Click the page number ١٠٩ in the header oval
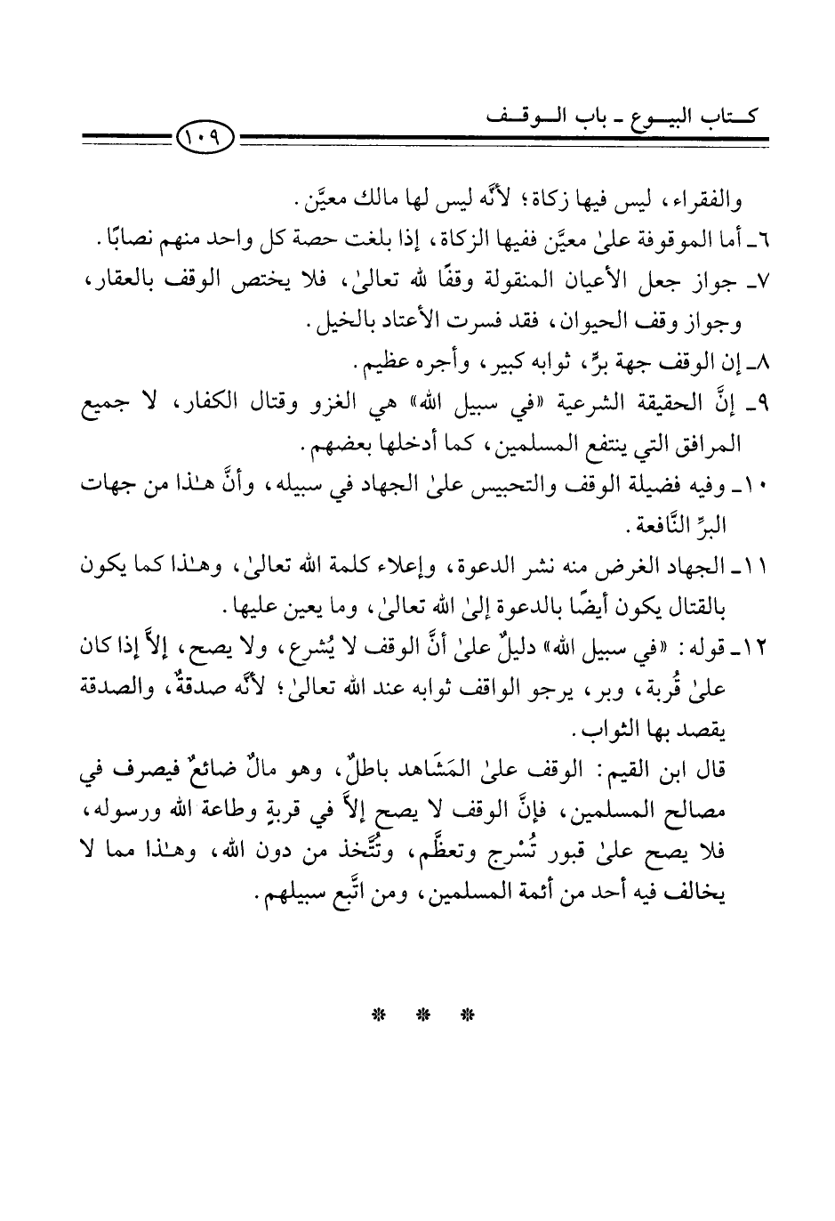pos(205,138)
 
